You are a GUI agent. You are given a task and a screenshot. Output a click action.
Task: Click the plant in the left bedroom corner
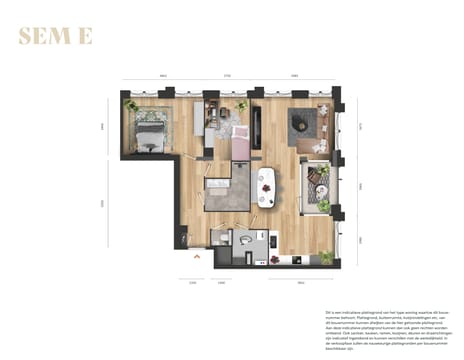(130, 104)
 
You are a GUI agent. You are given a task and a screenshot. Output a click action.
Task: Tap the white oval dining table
(267, 185)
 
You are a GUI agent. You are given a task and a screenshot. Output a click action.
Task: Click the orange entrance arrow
(197, 256)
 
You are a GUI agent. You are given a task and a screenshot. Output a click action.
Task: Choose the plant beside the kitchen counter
(326, 256)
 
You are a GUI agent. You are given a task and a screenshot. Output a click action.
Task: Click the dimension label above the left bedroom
(160, 76)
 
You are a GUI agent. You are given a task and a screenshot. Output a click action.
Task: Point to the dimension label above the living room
(294, 76)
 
